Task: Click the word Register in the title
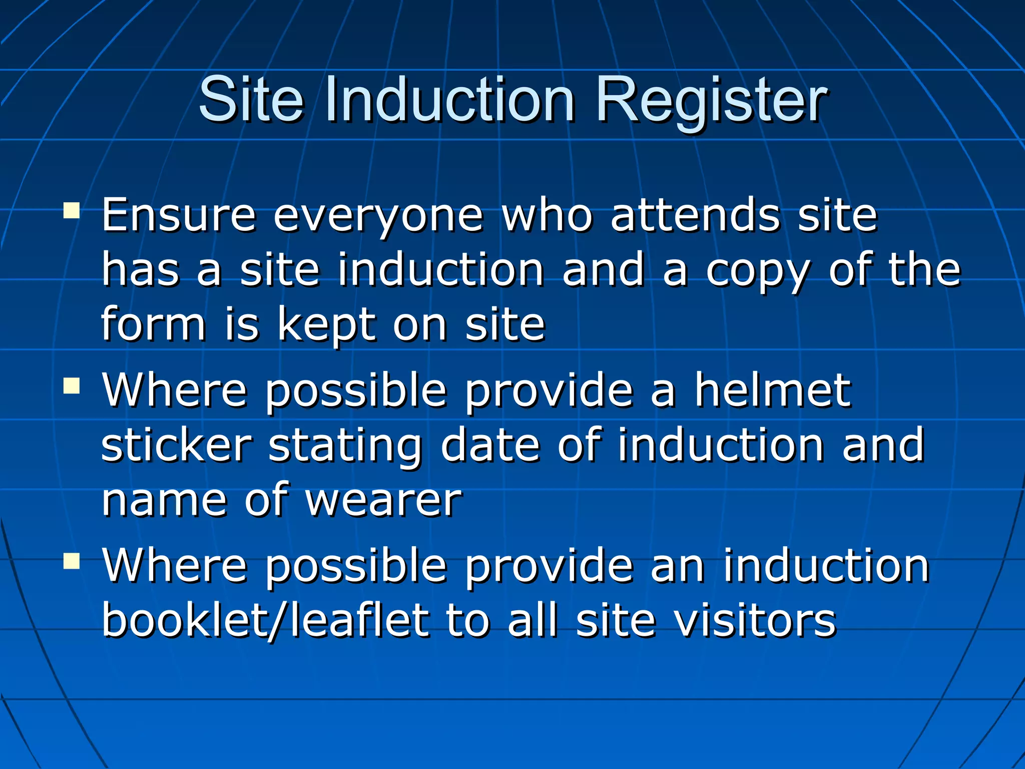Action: [x=711, y=100]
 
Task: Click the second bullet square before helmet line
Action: [x=72, y=386]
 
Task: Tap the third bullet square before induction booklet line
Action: [x=72, y=561]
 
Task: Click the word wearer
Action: [x=383, y=501]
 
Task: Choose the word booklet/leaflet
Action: [x=265, y=621]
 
